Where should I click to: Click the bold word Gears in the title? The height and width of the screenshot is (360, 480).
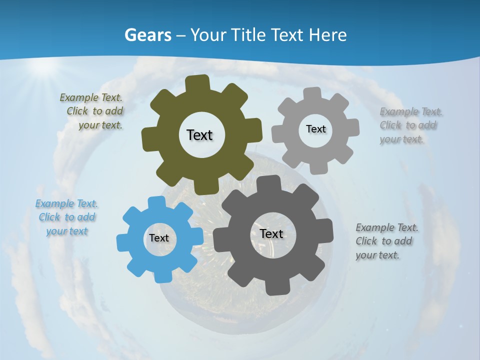point(147,35)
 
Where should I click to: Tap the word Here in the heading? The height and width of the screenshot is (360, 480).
point(328,35)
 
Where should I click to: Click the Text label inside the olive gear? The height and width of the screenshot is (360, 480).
point(199,135)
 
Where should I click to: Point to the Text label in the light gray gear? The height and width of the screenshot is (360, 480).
point(315,129)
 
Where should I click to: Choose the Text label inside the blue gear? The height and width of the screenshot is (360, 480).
point(159,238)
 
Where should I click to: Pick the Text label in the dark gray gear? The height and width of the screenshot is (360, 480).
point(271,233)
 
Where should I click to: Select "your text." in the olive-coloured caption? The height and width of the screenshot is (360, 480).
point(100,125)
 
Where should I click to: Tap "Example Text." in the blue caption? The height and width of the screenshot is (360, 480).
point(66,203)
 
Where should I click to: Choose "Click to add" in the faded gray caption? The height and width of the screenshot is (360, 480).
point(408,125)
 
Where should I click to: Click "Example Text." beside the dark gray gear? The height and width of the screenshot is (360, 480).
point(387,228)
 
